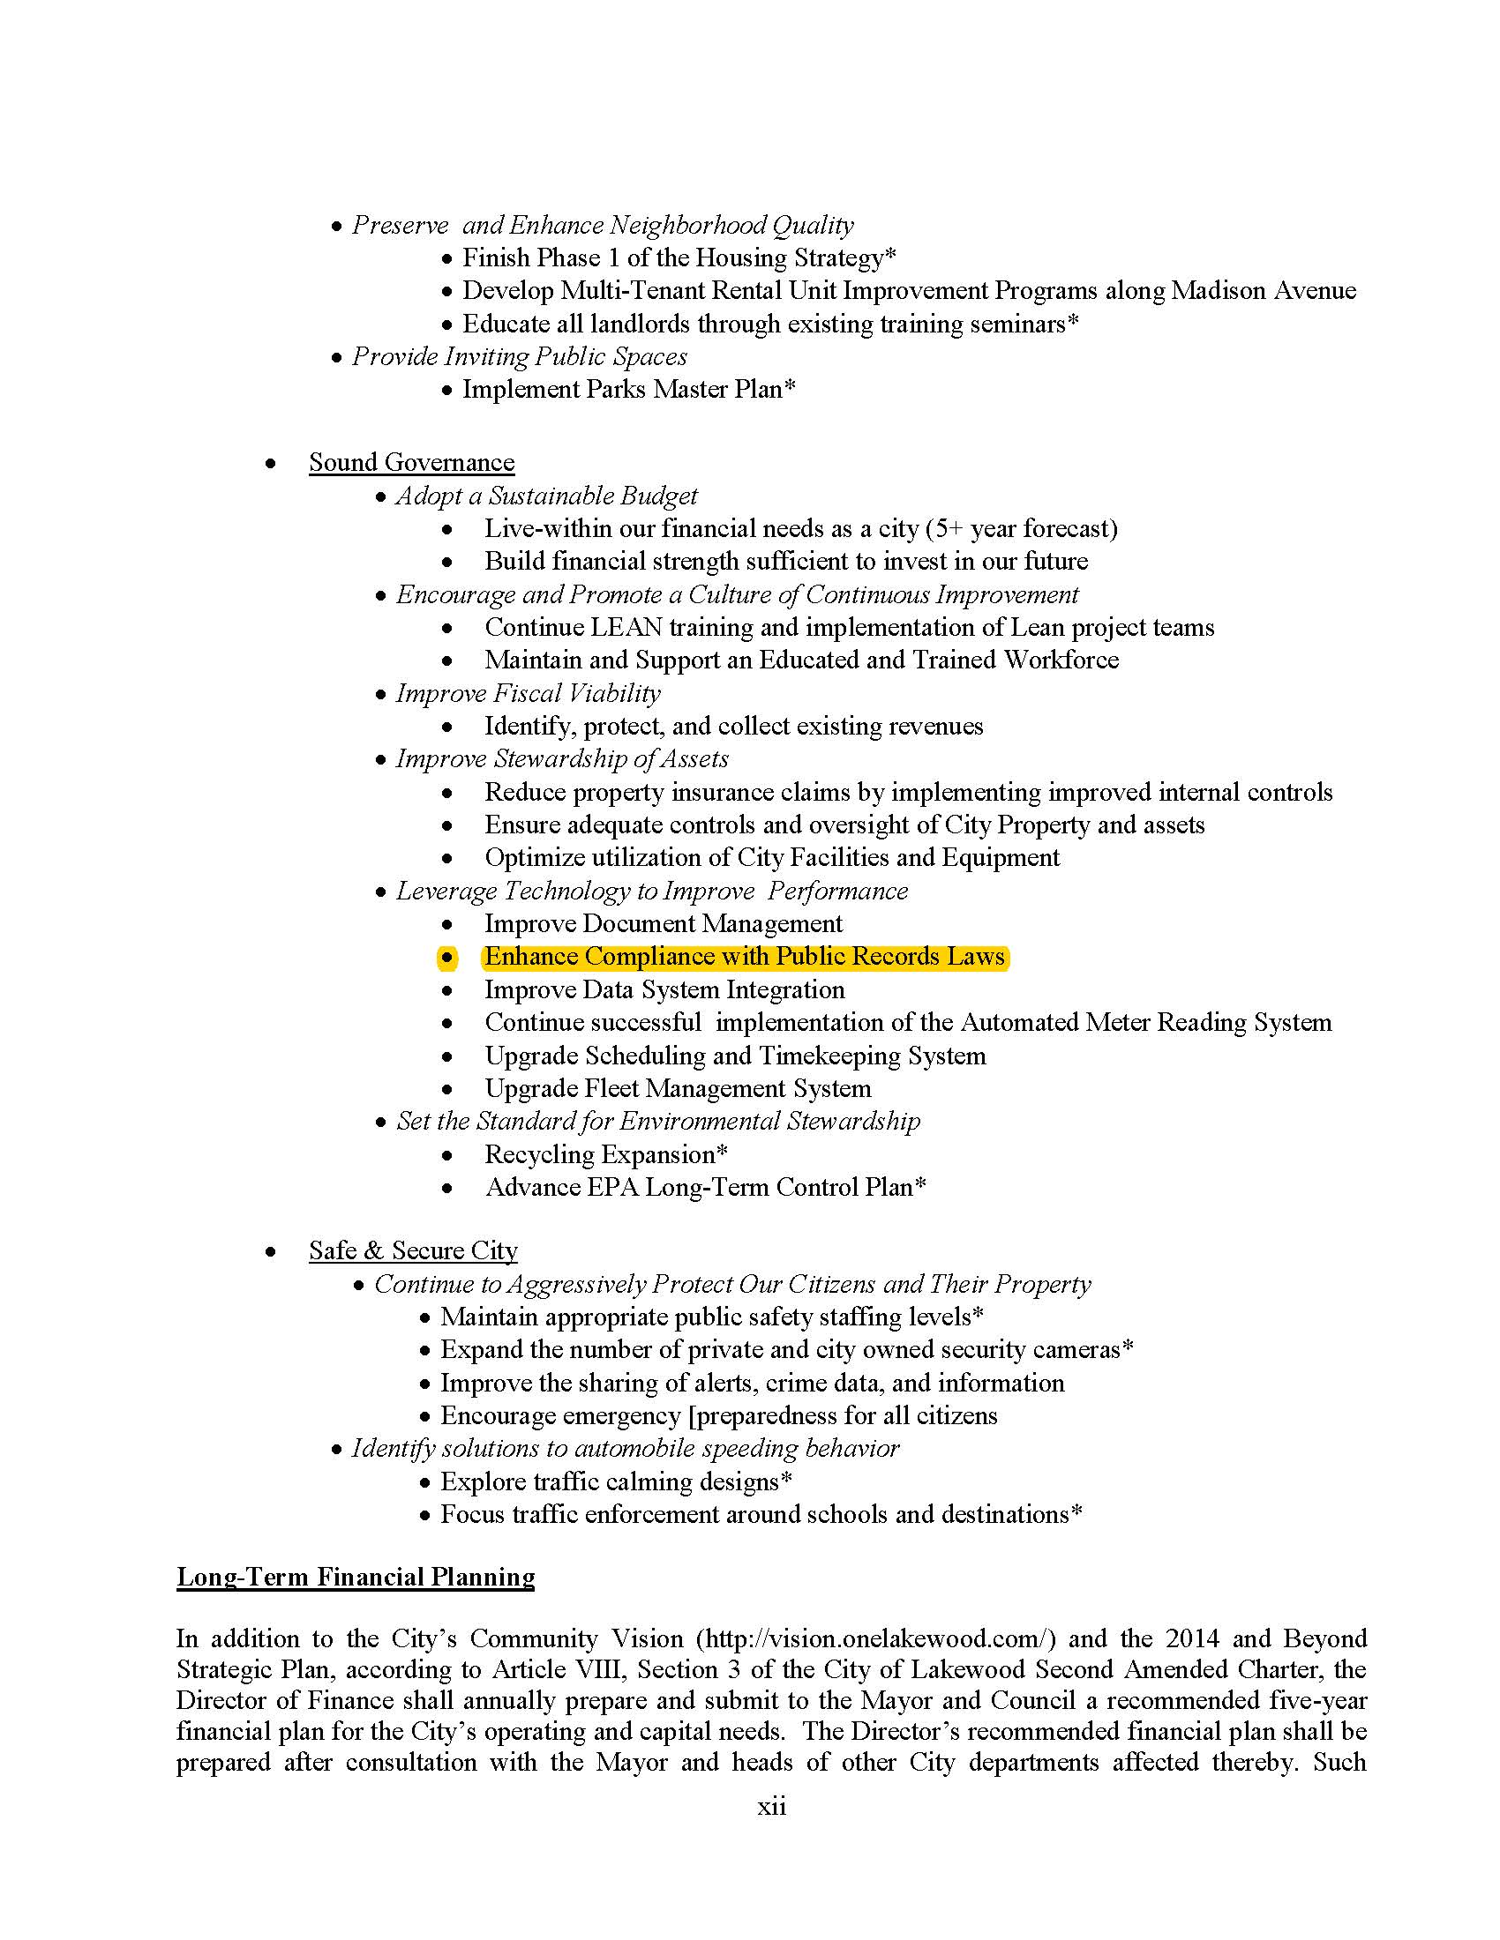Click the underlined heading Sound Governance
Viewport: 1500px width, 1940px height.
[x=411, y=463]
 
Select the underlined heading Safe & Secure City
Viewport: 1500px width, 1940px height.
[x=413, y=1250]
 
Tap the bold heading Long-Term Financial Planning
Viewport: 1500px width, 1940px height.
[x=356, y=1577]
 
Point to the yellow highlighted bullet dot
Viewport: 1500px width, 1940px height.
[x=447, y=958]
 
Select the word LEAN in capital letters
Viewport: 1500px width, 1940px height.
[x=626, y=628]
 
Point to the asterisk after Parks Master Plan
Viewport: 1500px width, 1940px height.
[x=790, y=388]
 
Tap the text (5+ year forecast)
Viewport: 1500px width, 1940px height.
[x=1021, y=529]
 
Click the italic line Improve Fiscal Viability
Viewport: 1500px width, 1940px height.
[x=528, y=694]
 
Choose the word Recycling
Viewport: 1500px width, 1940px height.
[x=542, y=1155]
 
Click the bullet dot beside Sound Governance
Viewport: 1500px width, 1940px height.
[x=270, y=464]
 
